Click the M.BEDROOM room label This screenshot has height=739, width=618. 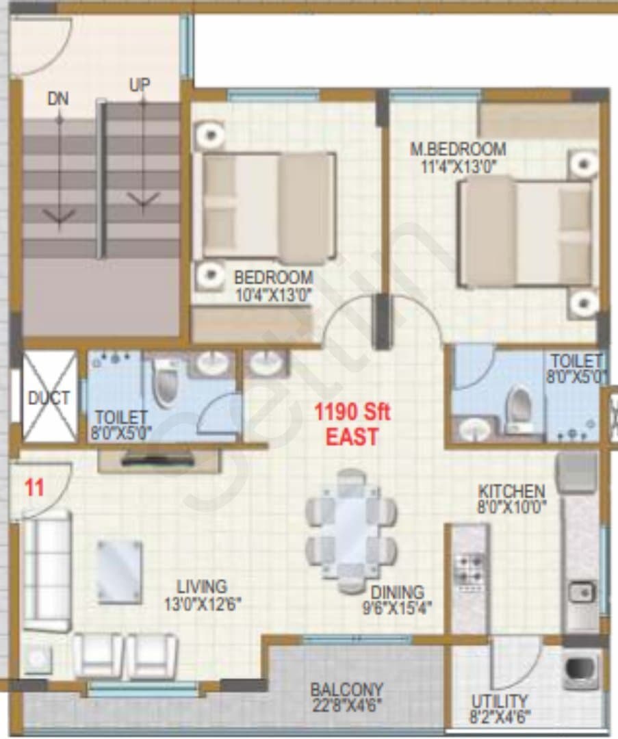coord(458,149)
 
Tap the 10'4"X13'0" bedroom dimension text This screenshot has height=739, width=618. coord(273,296)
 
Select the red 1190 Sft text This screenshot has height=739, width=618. coord(352,413)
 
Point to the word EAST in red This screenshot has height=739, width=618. coord(352,437)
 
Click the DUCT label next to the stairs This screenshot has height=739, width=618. coord(49,398)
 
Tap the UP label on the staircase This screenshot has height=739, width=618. coord(140,85)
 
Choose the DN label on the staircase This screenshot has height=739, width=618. coord(58,99)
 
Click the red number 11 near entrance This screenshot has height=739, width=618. coord(34,487)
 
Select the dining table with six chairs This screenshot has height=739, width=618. coord(351,530)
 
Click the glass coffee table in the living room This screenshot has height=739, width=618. coord(119,571)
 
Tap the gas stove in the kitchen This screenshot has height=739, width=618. coord(469,569)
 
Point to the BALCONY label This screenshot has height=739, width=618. coord(346,690)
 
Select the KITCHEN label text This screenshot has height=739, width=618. coord(511,491)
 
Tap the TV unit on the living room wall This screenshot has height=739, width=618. coord(159,460)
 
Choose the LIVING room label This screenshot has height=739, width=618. coord(202,587)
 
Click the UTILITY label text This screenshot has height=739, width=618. coord(500,701)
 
